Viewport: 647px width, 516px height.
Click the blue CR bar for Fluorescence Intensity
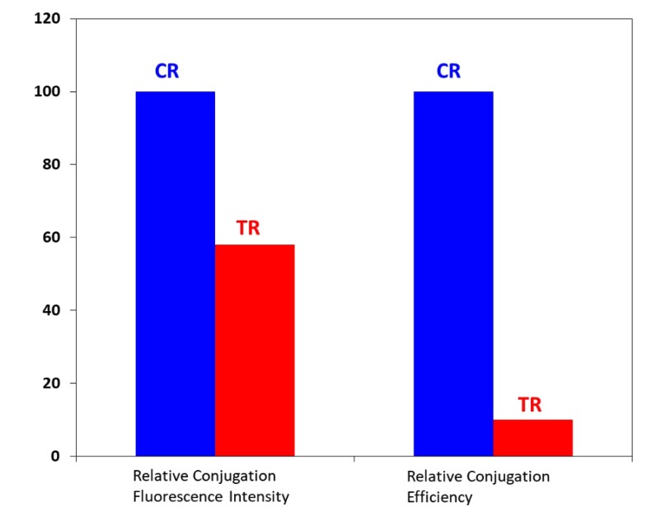point(175,273)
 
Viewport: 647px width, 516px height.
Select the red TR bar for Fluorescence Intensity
point(255,350)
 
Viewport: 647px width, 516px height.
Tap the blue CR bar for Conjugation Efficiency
point(453,273)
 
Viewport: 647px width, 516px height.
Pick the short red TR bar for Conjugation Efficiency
point(532,438)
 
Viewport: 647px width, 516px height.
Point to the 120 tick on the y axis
point(49,18)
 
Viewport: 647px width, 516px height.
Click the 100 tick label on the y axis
point(49,91)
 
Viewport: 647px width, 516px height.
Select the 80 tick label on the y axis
point(52,165)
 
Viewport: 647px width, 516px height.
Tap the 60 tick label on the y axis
point(52,237)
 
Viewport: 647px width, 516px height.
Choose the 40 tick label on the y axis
point(52,310)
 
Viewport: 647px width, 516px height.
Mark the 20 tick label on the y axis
point(52,384)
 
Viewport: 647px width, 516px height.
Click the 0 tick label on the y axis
point(55,456)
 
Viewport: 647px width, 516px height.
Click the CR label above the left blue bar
point(167,72)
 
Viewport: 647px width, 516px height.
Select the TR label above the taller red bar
point(248,228)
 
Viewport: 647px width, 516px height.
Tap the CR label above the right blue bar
point(448,72)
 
